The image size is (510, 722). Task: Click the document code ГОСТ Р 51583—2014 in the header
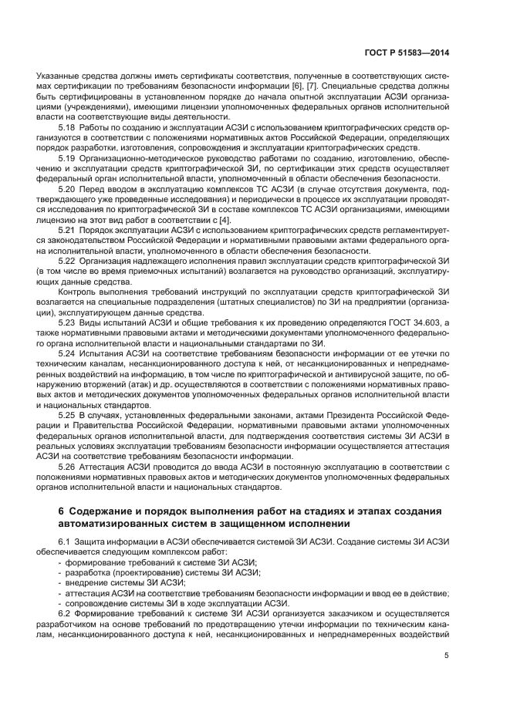click(406, 52)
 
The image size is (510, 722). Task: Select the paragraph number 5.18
click(68, 127)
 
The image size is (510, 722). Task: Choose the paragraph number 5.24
click(68, 351)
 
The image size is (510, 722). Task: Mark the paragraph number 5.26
click(68, 467)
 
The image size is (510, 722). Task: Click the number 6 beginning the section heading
click(62, 511)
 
